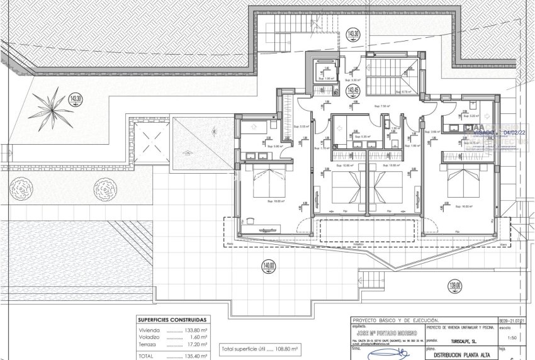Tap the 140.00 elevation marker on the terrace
pyautogui.click(x=269, y=267)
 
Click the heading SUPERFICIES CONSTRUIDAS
pyautogui.click(x=172, y=319)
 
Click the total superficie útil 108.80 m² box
pyautogui.click(x=260, y=348)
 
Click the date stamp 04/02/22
pyautogui.click(x=518, y=133)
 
